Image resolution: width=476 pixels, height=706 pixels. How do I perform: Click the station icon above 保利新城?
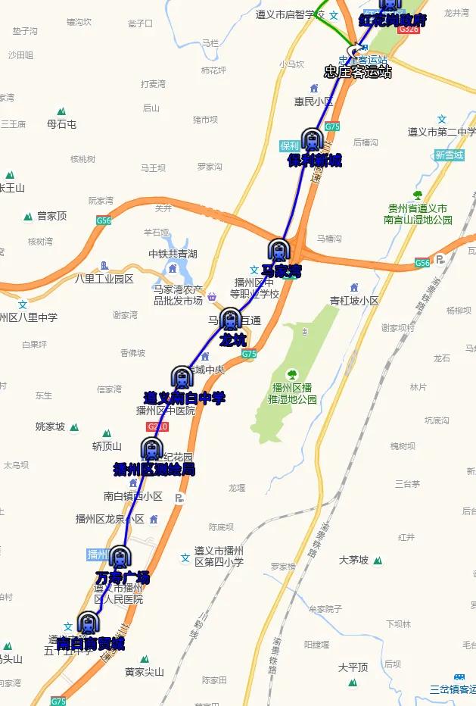pyautogui.click(x=311, y=139)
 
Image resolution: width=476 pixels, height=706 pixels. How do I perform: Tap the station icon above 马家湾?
pyautogui.click(x=278, y=249)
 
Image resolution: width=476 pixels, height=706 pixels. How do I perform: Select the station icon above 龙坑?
pyautogui.click(x=230, y=319)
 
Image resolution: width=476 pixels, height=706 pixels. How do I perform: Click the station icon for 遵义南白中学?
pyautogui.click(x=182, y=376)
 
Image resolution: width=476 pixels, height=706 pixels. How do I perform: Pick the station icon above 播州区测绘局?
pyautogui.click(x=151, y=448)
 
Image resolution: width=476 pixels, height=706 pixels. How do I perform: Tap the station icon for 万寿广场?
pyautogui.click(x=119, y=558)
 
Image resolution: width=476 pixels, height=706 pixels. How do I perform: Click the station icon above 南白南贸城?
pyautogui.click(x=89, y=623)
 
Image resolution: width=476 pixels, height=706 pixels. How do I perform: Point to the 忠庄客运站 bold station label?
pyautogui.click(x=358, y=73)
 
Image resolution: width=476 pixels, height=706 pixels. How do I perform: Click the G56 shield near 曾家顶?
pyautogui.click(x=104, y=220)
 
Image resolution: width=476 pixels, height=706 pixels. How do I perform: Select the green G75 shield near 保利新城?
pyautogui.click(x=332, y=127)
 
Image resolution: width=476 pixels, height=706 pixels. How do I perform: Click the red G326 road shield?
pyautogui.click(x=409, y=28)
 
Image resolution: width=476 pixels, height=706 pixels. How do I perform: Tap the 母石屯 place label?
pyautogui.click(x=61, y=124)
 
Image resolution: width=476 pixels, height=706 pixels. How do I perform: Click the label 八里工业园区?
pyautogui.click(x=104, y=279)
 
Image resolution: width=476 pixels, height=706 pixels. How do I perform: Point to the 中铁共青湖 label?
pyautogui.click(x=173, y=254)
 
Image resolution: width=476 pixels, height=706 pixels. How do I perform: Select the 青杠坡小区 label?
pyautogui.click(x=354, y=300)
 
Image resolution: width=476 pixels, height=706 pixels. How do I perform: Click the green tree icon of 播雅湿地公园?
pyautogui.click(x=291, y=374)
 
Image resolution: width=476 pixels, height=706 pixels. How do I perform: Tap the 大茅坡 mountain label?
pyautogui.click(x=353, y=560)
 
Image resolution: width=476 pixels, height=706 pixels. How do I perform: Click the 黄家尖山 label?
pyautogui.click(x=145, y=671)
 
